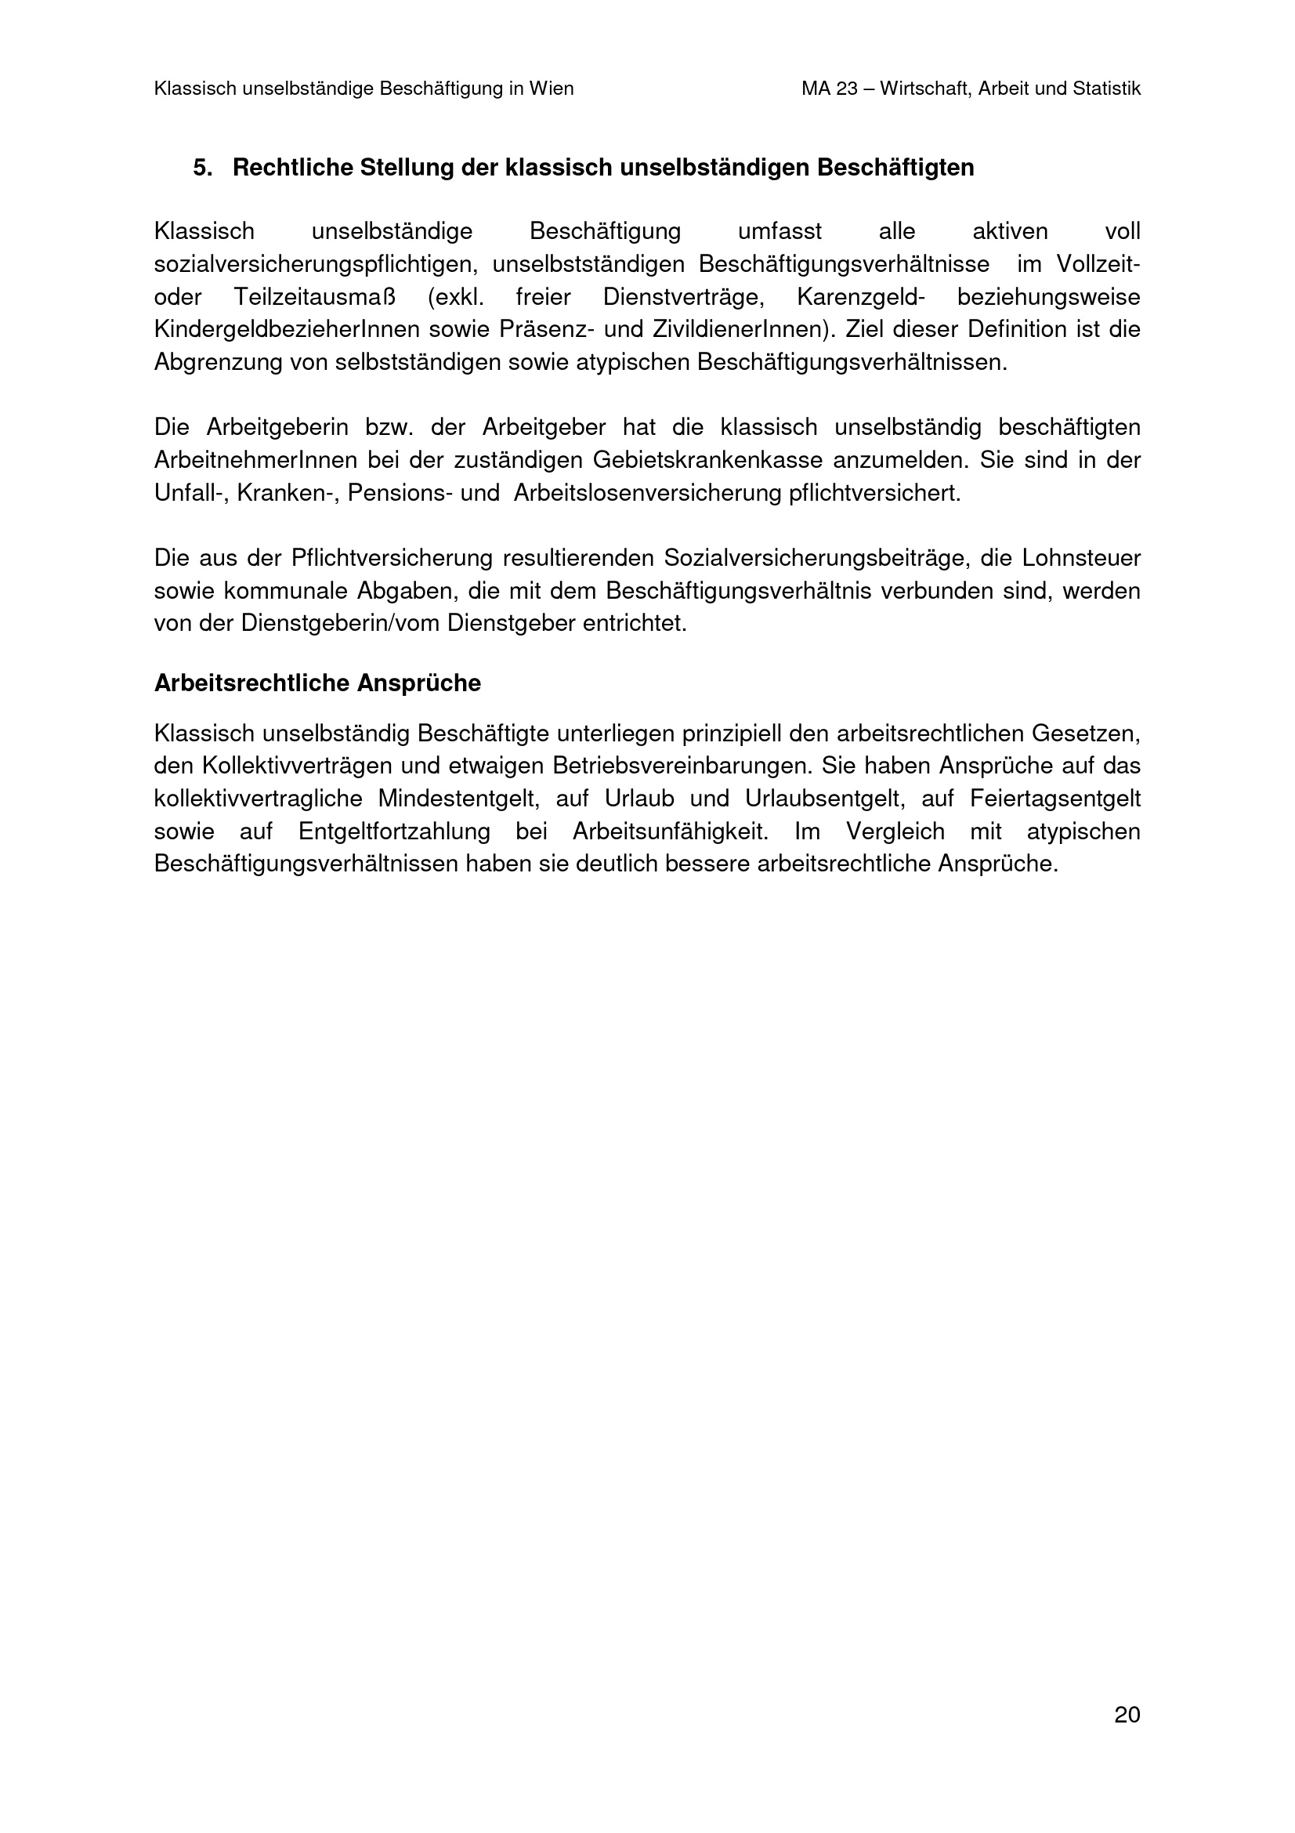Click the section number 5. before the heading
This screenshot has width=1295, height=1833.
203,168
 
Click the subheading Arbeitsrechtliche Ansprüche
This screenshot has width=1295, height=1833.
317,683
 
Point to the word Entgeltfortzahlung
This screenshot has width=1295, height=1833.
394,832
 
